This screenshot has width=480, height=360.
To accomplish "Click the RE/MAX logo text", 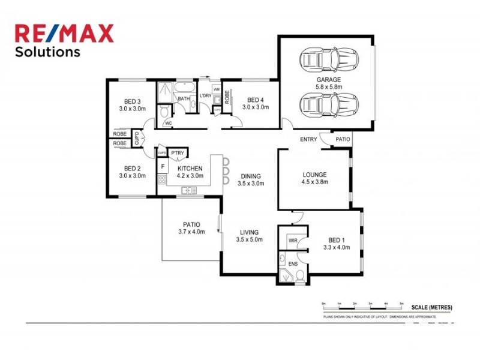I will coord(64,33).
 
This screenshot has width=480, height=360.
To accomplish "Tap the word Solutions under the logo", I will coord(47,52).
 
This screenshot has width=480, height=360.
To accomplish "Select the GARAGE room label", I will coord(329,80).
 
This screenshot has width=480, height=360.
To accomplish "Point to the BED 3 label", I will coord(132,101).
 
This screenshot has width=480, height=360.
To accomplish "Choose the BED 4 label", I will coord(255,100).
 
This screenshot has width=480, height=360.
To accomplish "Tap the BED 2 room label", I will coord(132,169).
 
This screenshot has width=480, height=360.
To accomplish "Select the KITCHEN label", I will coord(190,169).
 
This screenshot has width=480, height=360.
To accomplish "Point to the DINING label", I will coord(250,176).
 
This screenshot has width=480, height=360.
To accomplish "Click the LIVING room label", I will coord(250,232).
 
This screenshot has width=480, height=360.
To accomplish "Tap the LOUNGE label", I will coord(314,176).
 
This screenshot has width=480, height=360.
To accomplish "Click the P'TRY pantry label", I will coord(178,154).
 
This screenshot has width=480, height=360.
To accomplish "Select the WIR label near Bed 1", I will coord(293,241).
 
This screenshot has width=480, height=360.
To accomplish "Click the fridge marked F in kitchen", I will coord(163,166).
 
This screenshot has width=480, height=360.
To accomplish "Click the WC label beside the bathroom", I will coord(169,123).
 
